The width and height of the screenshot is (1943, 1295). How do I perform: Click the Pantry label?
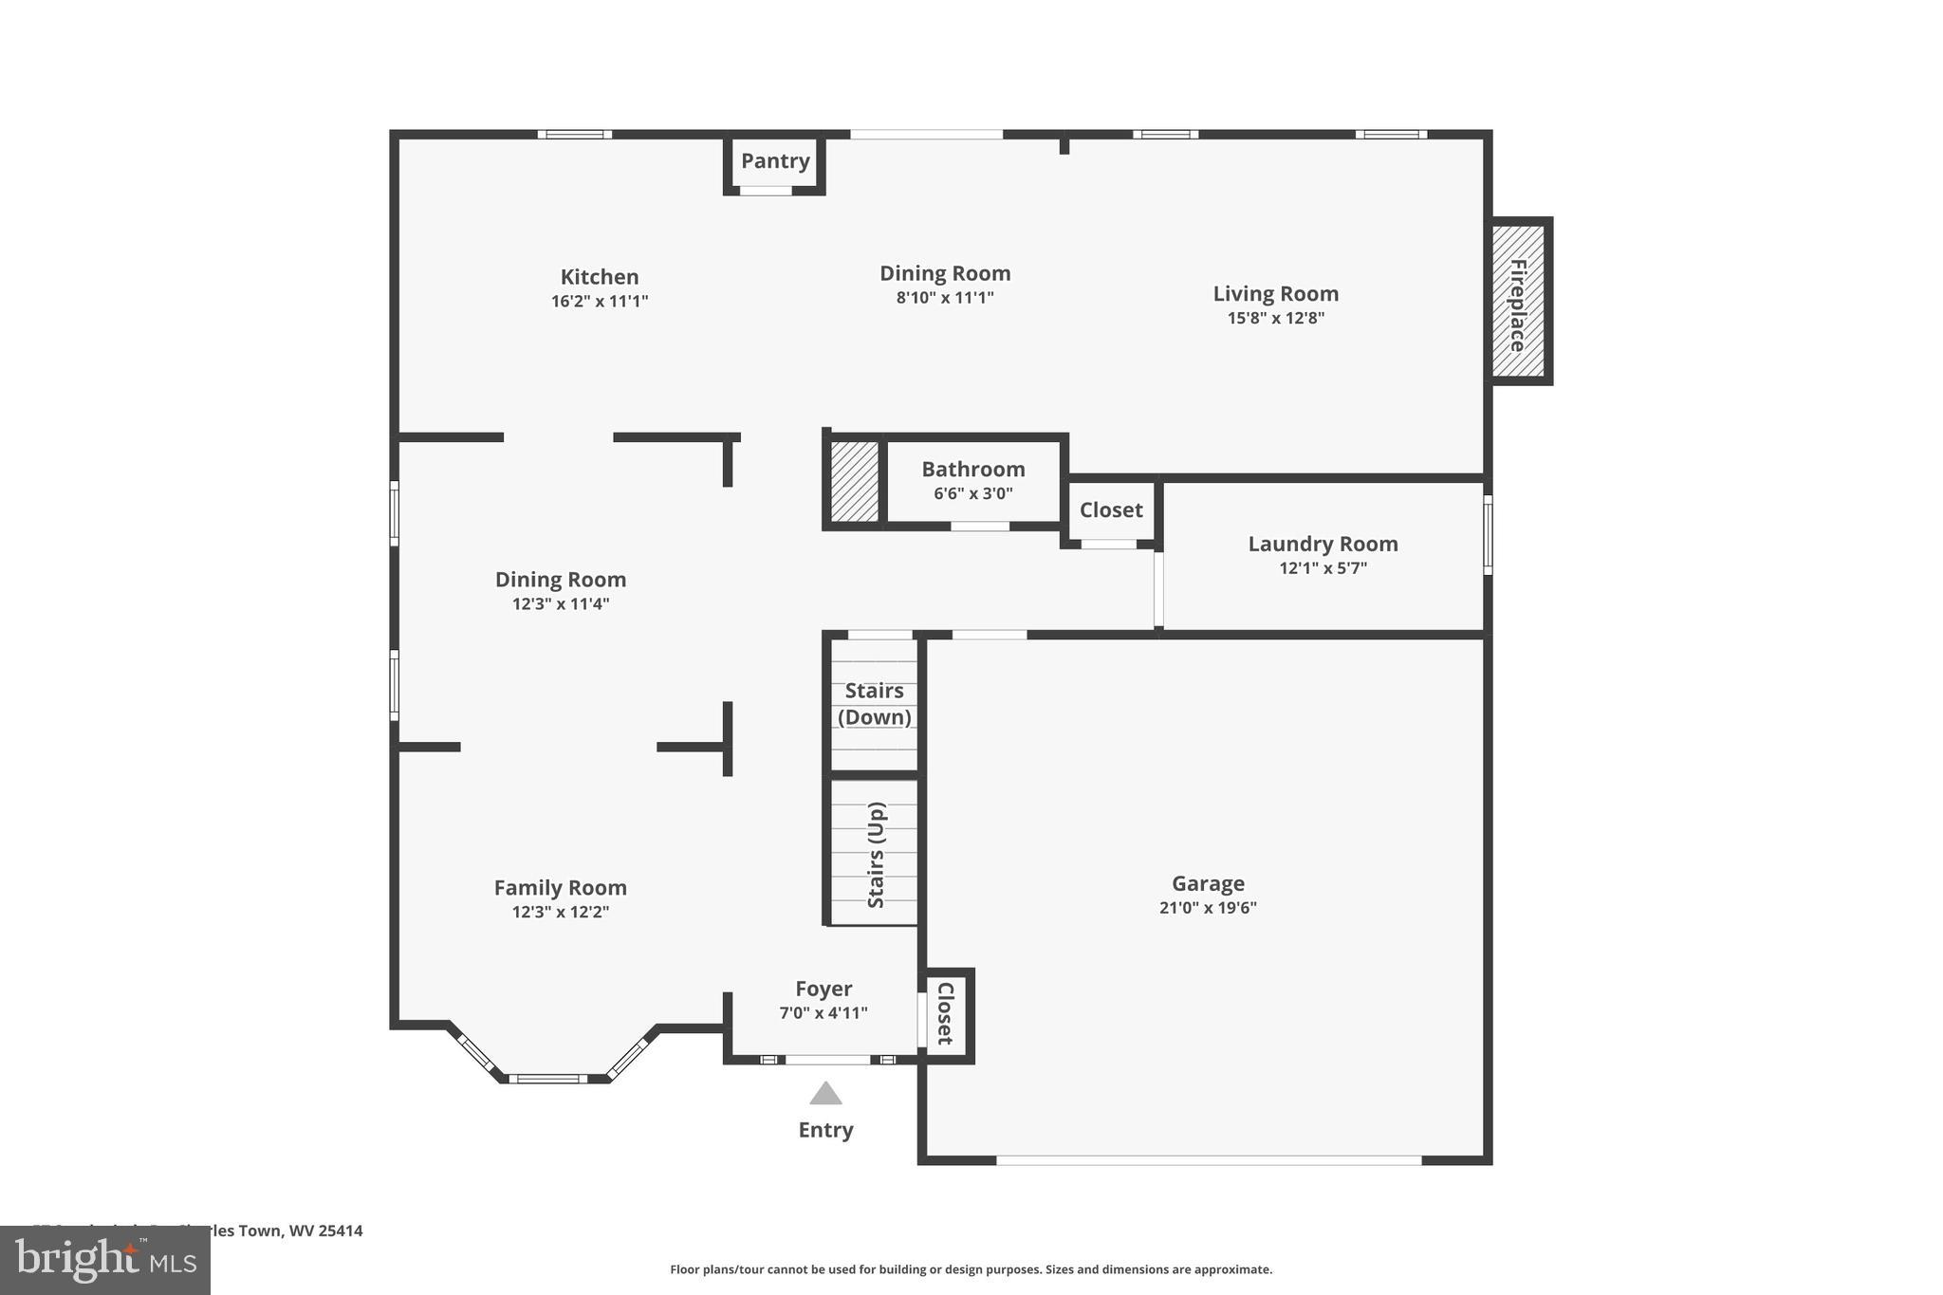[775, 161]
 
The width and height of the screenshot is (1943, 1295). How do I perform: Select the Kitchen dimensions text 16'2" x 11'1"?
[600, 302]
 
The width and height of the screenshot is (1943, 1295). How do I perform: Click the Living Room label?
[1275, 294]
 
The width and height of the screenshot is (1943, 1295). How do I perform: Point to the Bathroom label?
[973, 470]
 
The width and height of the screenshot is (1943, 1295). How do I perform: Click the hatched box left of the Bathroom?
[854, 480]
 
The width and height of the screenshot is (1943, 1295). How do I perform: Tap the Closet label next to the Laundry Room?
[1111, 510]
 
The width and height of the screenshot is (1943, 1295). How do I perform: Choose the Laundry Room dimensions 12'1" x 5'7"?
[1323, 568]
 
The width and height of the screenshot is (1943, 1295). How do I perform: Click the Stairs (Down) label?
[874, 704]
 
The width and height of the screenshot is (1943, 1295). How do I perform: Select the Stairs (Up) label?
[876, 855]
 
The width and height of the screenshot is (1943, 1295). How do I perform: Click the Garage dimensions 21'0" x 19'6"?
[1208, 908]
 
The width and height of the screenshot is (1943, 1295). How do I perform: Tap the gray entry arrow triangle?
[825, 1095]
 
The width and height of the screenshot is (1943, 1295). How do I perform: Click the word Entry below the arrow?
[825, 1130]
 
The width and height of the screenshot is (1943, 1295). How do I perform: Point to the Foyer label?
[823, 990]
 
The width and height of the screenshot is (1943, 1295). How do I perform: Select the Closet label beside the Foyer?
[945, 1014]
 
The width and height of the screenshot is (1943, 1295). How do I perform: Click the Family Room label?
[560, 888]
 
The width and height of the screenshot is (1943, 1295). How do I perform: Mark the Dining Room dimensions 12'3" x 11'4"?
[561, 604]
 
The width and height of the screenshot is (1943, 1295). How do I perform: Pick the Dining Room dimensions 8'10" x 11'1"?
[945, 298]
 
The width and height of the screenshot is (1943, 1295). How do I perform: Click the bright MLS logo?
[105, 1260]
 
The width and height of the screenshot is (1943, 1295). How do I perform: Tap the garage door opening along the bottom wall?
[1208, 1160]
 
